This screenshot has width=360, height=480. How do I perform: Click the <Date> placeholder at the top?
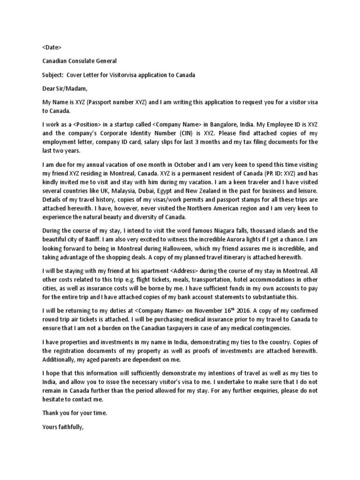[52, 47]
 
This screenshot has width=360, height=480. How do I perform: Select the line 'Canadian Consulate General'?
[80, 61]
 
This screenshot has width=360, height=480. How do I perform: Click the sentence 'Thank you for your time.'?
[75, 413]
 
